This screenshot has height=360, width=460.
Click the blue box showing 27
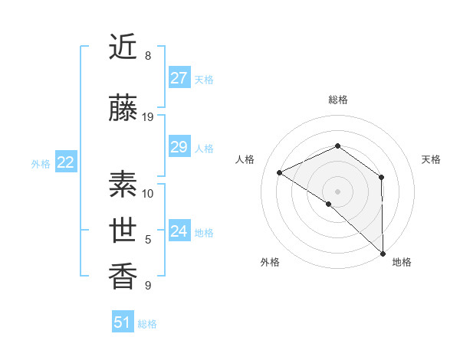pos(179,78)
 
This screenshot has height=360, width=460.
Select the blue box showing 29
pos(179,147)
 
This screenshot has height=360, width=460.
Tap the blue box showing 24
pos(179,231)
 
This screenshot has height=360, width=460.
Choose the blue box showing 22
pos(66,162)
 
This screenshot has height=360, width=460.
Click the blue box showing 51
pos(123,322)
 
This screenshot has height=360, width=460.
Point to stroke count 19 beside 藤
pos(148,117)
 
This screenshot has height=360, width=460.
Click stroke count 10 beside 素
pos(148,193)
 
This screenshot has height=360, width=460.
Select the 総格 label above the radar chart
pos(337,100)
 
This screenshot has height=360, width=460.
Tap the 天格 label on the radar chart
pos(431,159)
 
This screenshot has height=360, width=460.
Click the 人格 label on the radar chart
pos(245,159)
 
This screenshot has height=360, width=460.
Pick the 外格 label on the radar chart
pos(270,262)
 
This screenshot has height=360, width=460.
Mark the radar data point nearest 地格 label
pos(383,253)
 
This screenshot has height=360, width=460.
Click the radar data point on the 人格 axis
pos(280,173)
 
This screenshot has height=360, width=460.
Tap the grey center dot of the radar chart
pos(337,191)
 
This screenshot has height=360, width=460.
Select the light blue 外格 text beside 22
pos(41,163)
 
